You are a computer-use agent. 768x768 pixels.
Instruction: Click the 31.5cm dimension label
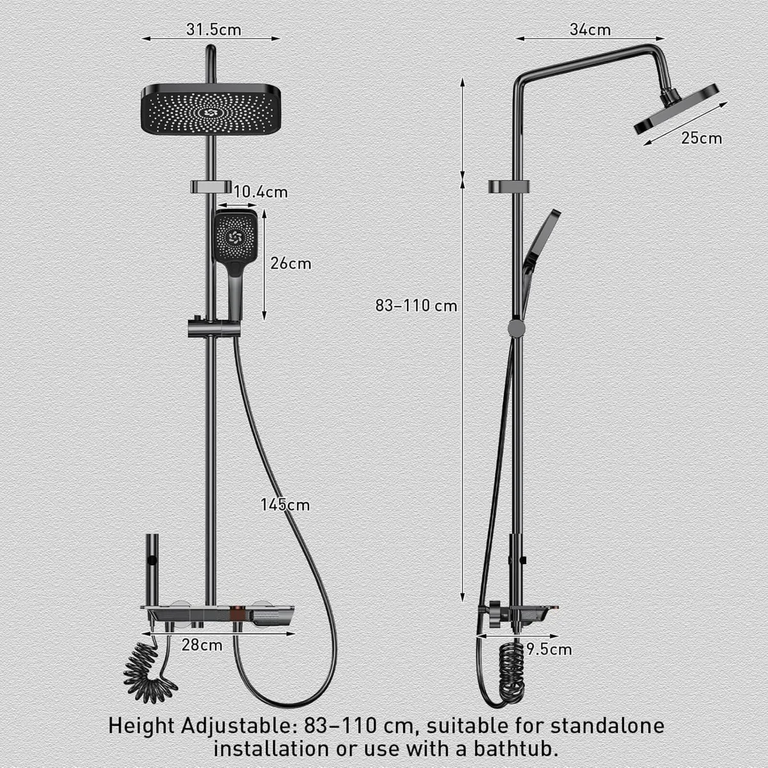click(214, 29)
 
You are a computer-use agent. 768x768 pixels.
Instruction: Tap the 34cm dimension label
click(589, 29)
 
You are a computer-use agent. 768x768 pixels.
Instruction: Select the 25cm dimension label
click(701, 138)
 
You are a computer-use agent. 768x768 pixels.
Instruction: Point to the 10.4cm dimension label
click(260, 192)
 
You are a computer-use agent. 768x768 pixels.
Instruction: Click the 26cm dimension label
click(291, 263)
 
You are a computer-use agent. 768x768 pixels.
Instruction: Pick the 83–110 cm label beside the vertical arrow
click(416, 306)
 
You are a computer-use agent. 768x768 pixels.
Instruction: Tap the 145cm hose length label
click(285, 505)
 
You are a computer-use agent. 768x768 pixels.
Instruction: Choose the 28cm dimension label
click(202, 645)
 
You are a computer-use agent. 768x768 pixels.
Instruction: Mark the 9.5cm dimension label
click(548, 650)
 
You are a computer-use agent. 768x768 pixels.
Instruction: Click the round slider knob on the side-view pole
click(516, 328)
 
